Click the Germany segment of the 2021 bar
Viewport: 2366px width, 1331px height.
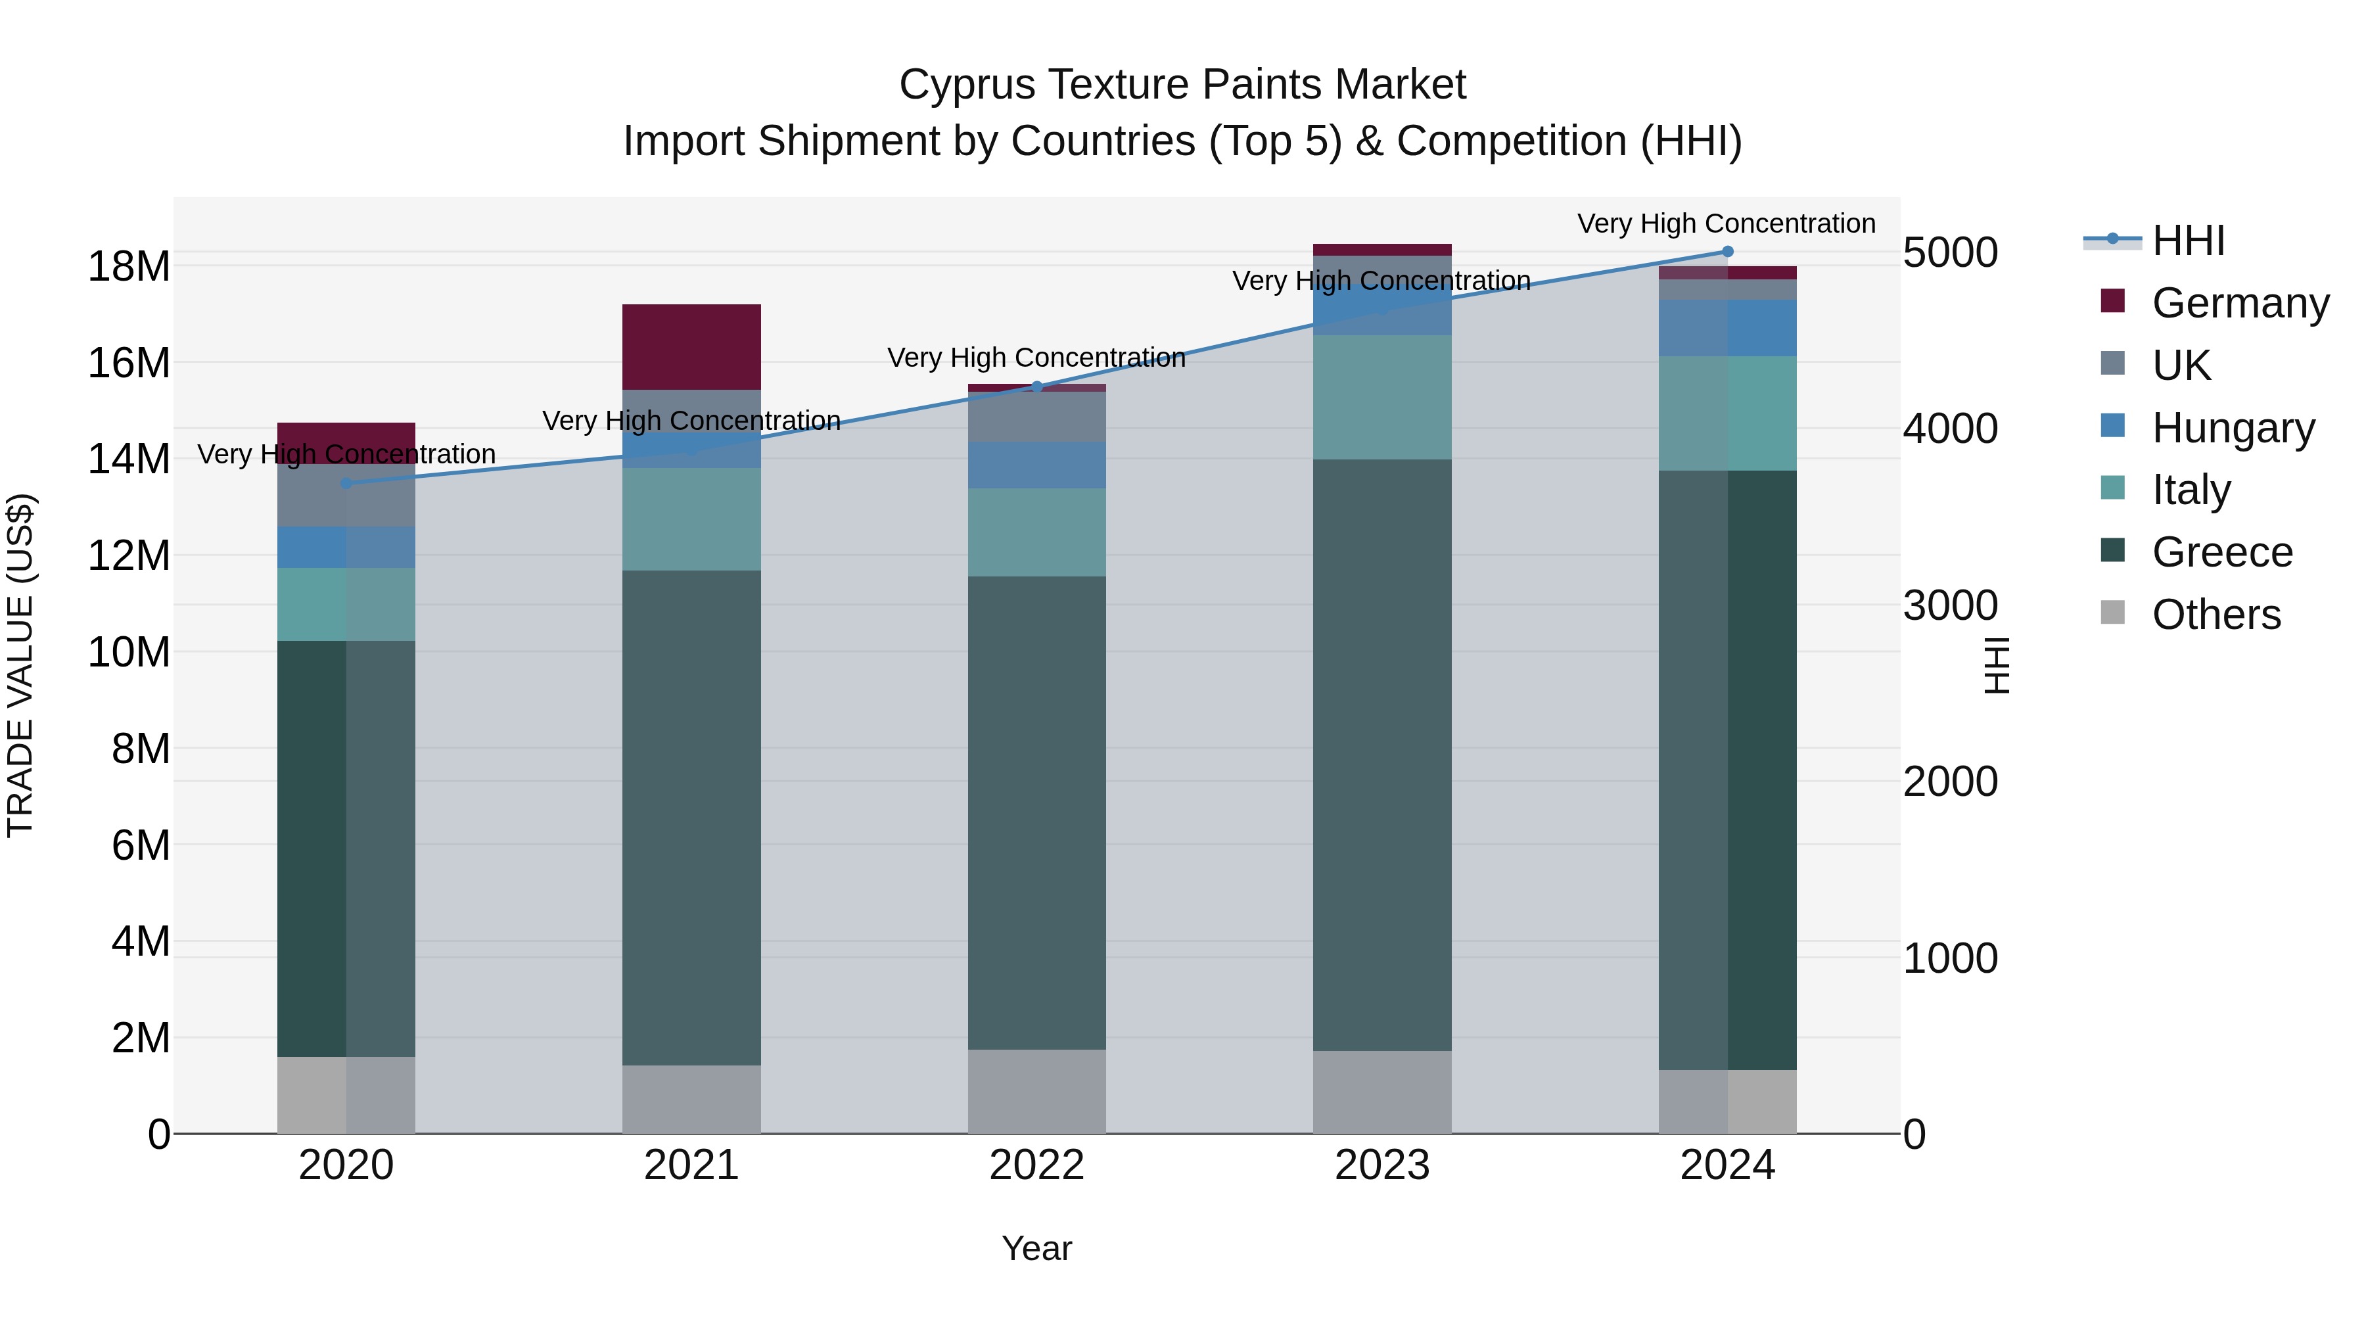pyautogui.click(x=691, y=346)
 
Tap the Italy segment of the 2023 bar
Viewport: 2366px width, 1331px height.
pyautogui.click(x=1381, y=397)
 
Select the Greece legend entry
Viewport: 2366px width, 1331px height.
pyautogui.click(x=2221, y=552)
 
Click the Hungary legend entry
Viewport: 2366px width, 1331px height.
pyautogui.click(x=2232, y=427)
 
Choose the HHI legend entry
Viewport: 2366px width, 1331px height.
pyautogui.click(x=2186, y=241)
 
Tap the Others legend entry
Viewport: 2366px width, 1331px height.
pyautogui.click(x=2215, y=615)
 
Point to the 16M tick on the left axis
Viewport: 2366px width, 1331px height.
pyautogui.click(x=129, y=363)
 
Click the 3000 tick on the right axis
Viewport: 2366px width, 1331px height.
pyautogui.click(x=1950, y=605)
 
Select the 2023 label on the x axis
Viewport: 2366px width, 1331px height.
pyautogui.click(x=1381, y=1165)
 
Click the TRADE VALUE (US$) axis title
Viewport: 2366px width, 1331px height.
pyautogui.click(x=20, y=665)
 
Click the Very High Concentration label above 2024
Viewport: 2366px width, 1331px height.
pyautogui.click(x=1726, y=223)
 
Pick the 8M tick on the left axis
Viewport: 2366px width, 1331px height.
pyautogui.click(x=141, y=749)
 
